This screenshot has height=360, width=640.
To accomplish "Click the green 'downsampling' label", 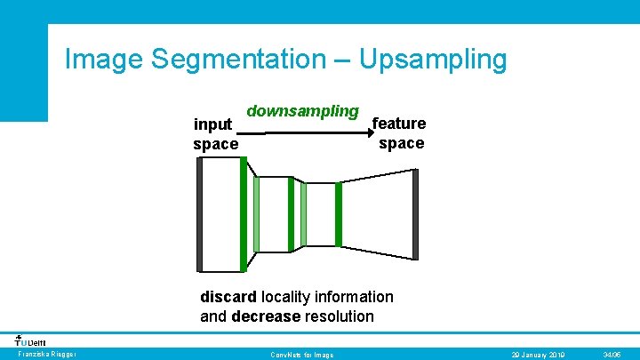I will (302, 111).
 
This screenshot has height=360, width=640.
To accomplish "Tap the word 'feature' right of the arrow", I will (400, 124).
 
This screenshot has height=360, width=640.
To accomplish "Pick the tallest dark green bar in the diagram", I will (244, 215).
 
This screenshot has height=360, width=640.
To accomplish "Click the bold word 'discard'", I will (228, 297).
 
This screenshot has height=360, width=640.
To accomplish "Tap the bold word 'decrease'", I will (266, 316).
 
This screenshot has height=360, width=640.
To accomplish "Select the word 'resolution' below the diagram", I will (340, 316).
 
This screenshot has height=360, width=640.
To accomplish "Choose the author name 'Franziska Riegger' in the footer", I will (47, 355).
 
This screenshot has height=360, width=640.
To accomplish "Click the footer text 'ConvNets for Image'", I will (301, 355).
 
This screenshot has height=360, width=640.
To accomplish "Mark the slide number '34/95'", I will (612, 355).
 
